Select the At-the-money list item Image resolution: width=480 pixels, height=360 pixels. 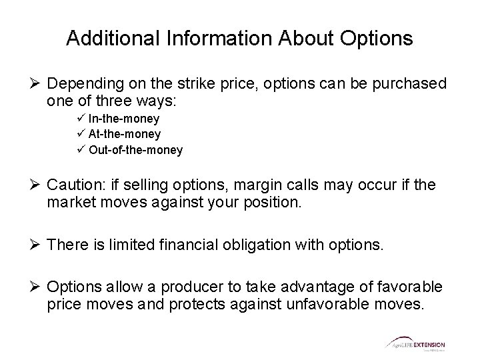124,134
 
